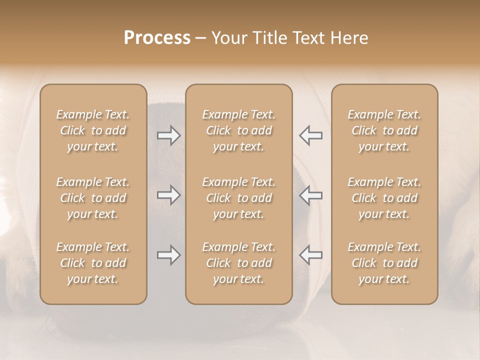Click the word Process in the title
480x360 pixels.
[157, 38]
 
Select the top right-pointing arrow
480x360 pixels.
[168, 135]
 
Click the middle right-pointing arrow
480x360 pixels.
[168, 195]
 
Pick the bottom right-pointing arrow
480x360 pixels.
[168, 255]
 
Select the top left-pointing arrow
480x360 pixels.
[311, 135]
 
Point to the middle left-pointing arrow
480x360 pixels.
[311, 195]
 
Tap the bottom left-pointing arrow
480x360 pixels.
[311, 255]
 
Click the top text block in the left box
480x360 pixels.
[93, 130]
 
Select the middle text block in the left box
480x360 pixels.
[93, 198]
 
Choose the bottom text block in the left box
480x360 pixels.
[93, 263]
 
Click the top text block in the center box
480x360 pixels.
[238, 130]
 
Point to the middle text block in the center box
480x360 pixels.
[238, 198]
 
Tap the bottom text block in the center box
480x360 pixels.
[238, 263]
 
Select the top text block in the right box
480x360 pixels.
[384, 130]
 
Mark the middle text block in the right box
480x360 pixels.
[384, 198]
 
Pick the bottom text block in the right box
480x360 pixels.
[384, 263]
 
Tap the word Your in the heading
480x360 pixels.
[229, 38]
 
